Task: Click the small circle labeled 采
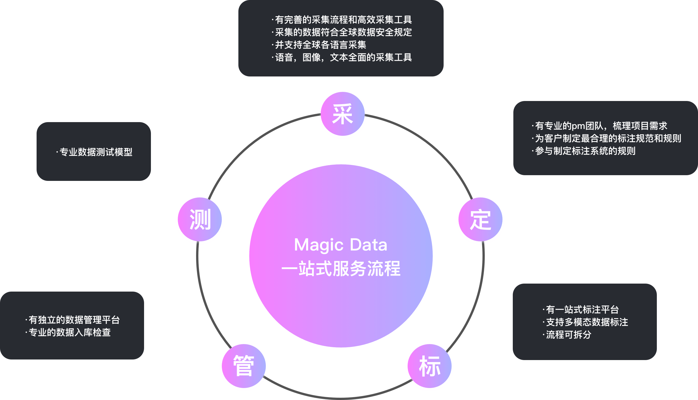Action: [x=342, y=115]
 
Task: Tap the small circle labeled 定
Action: [x=480, y=220]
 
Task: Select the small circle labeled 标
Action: [x=429, y=367]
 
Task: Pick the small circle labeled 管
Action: [x=244, y=367]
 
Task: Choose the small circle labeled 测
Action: [x=200, y=220]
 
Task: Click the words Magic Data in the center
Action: [x=341, y=245]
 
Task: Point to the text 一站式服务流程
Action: [x=341, y=269]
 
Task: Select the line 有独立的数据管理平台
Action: [x=74, y=320]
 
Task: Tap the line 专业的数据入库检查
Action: [x=69, y=333]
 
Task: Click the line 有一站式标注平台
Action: [x=582, y=310]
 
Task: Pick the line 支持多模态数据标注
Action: [x=587, y=322]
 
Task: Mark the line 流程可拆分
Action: [x=569, y=335]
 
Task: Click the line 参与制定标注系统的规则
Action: [x=585, y=151]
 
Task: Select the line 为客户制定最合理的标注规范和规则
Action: [x=608, y=138]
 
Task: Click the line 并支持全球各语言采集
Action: [x=320, y=45]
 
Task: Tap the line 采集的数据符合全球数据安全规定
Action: [x=343, y=32]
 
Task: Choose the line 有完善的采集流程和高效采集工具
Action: [x=343, y=20]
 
